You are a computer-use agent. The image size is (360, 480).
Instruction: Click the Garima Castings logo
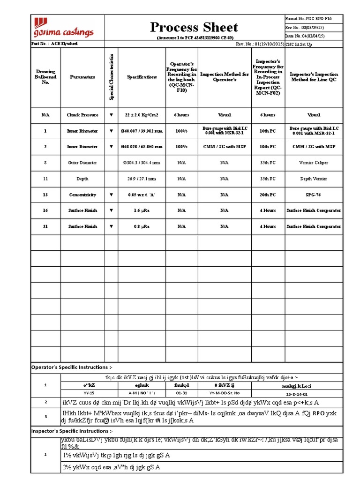(62, 27)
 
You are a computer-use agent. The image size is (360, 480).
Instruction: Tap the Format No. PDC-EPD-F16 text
(305, 18)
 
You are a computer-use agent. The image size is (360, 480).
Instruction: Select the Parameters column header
(82, 77)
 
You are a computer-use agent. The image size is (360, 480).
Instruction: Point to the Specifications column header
(142, 77)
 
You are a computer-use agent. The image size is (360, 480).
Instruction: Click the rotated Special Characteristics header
(111, 77)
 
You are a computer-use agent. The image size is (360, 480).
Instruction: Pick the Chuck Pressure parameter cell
(82, 115)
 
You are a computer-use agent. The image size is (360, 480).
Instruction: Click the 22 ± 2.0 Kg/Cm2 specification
(142, 115)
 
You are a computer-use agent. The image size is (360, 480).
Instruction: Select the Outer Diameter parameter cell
(82, 163)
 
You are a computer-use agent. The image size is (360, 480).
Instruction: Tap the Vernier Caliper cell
(314, 163)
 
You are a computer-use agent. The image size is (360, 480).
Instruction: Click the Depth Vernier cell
(314, 179)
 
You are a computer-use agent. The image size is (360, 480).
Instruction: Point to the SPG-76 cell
(314, 195)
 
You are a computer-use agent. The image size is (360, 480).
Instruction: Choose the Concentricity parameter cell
(82, 195)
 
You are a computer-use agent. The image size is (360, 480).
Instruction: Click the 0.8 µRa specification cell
(142, 226)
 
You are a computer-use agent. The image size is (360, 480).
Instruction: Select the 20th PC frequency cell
(268, 195)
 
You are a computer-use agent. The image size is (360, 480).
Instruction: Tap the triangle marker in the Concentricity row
(111, 195)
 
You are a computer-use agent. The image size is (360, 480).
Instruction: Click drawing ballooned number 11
(45, 179)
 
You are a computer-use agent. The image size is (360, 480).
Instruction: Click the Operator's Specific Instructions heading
(72, 367)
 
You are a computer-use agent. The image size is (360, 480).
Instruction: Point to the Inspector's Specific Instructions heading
(72, 430)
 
